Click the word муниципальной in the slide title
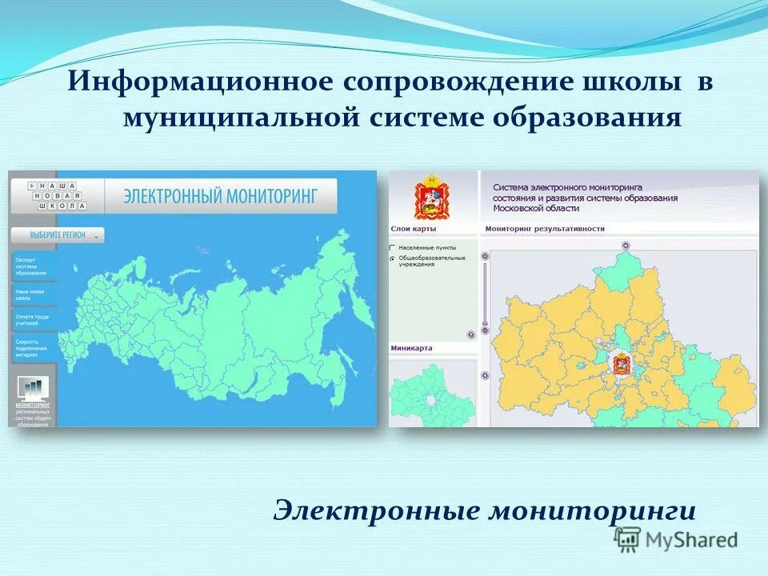[240, 118]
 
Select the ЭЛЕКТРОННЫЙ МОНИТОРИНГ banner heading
[221, 196]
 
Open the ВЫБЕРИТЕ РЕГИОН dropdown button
[58, 236]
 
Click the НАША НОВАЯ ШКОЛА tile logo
[56, 195]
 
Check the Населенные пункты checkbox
[393, 249]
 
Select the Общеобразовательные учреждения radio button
[393, 259]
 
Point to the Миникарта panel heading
[412, 348]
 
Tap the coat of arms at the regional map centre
[619, 365]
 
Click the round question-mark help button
[471, 335]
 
